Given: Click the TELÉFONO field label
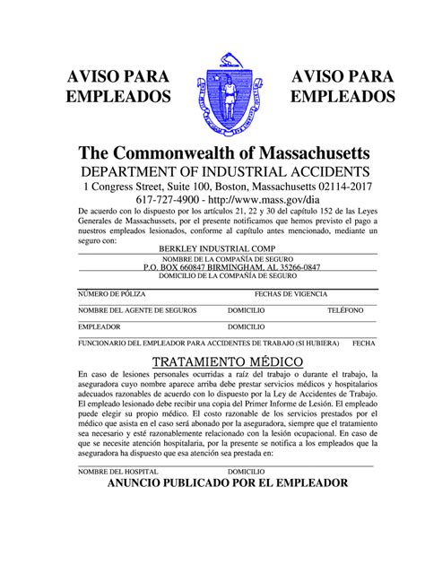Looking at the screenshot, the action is (x=345, y=310).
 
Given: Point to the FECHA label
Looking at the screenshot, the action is (x=363, y=343).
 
